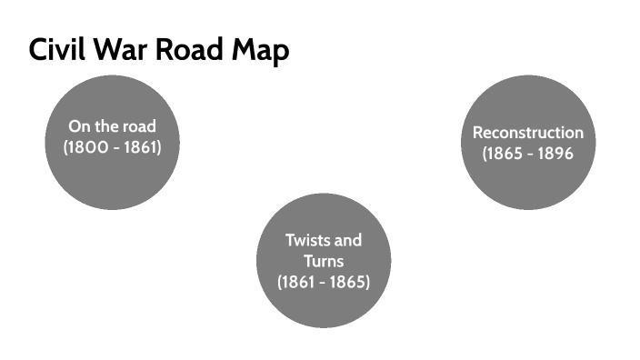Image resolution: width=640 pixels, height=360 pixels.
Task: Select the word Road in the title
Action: point(188,51)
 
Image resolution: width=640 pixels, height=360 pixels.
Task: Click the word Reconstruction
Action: point(528,133)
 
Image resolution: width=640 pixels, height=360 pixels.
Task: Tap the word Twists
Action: point(307,241)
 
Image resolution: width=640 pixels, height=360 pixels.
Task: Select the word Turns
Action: point(323,261)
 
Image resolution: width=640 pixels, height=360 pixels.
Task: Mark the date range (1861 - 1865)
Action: point(323,282)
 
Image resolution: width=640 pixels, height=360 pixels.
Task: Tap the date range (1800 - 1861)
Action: point(113,146)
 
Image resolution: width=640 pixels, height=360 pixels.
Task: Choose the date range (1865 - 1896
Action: point(528,154)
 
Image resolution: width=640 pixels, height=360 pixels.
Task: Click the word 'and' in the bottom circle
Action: point(347,241)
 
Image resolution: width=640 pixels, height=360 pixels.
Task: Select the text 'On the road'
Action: point(113,125)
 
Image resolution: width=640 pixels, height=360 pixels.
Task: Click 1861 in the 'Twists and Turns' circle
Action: point(301,282)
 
